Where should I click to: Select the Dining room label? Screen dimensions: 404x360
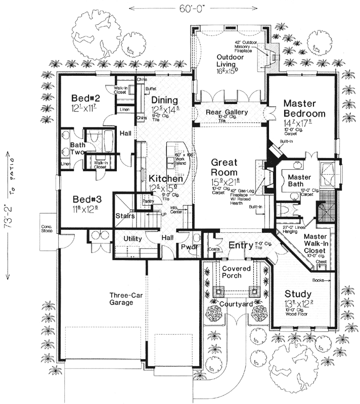(x=165, y=100)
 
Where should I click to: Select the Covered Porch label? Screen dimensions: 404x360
(x=237, y=272)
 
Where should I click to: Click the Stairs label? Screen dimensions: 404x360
(x=124, y=216)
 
